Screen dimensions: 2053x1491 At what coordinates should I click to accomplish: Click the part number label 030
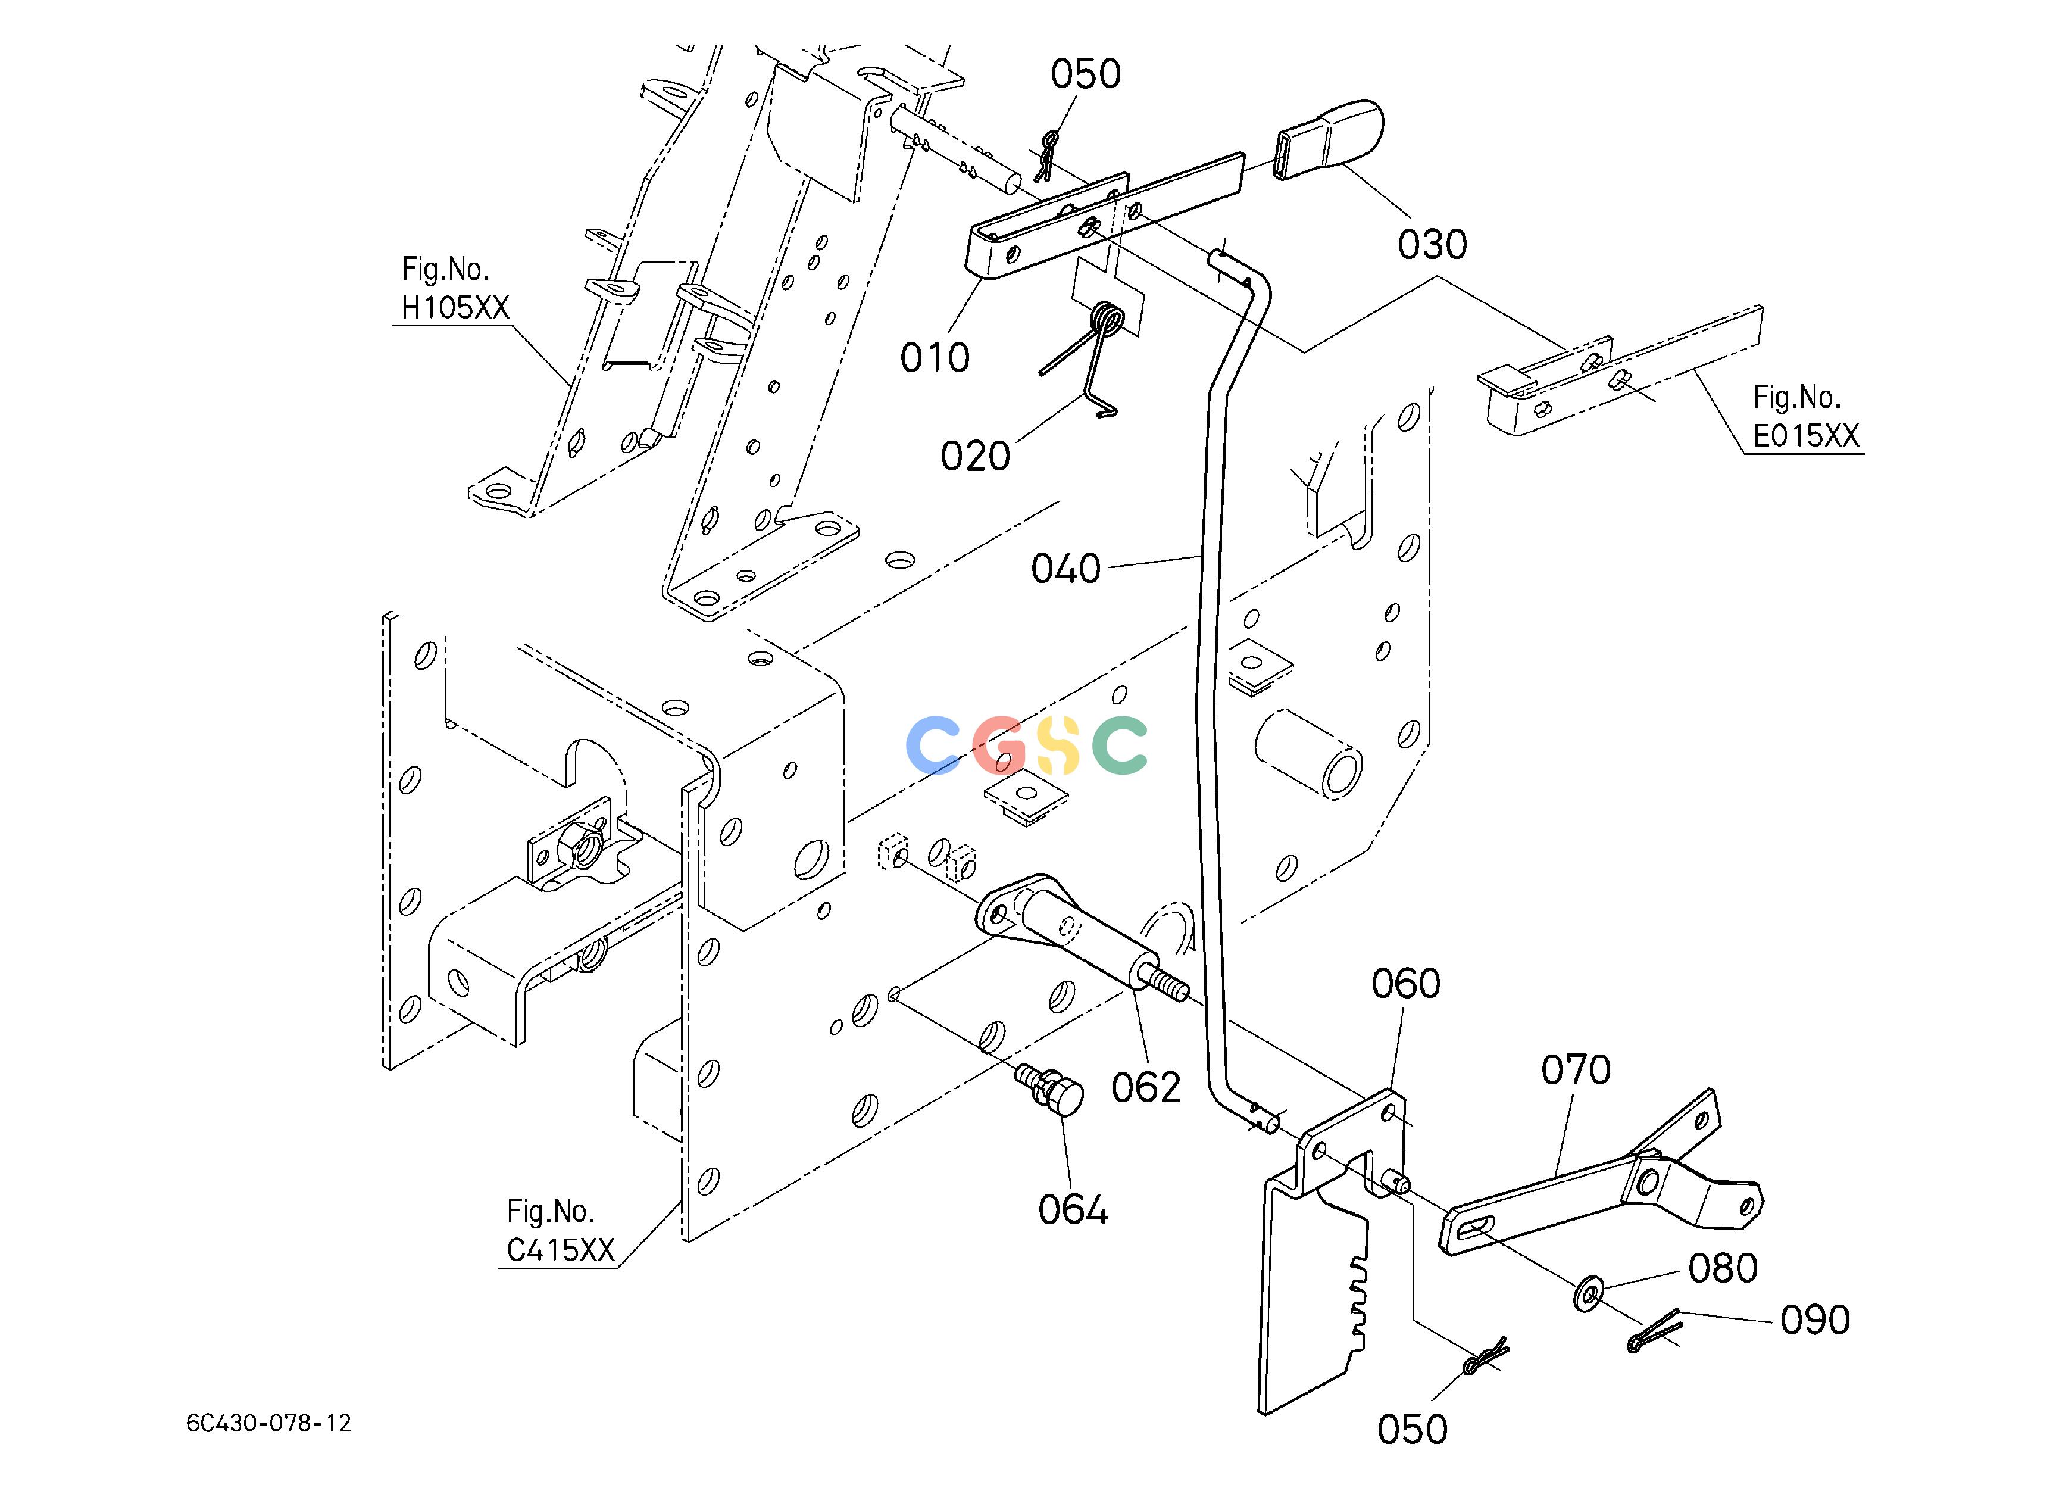coord(1432,244)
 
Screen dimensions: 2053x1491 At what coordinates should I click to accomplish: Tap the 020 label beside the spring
coord(975,456)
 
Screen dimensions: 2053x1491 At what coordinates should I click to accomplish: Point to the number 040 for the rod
coord(1066,569)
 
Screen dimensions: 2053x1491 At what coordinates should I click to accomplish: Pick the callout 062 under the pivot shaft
coord(1146,1087)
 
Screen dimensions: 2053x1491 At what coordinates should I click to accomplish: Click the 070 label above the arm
coord(1576,1070)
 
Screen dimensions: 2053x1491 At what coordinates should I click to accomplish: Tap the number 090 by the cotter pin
coord(1815,1320)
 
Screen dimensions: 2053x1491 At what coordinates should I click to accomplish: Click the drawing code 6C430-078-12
coord(269,1423)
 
